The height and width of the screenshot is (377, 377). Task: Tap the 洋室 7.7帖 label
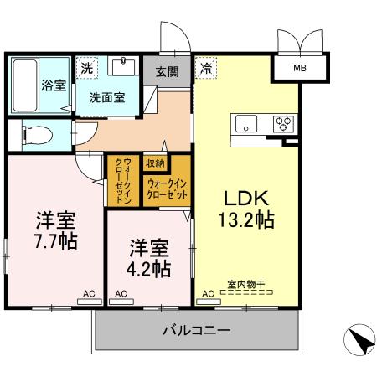coord(56,231)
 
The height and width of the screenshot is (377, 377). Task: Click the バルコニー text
coord(195,331)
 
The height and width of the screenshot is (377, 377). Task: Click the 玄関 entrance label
coord(167,72)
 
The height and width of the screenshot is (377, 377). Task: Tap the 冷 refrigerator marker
coord(205,65)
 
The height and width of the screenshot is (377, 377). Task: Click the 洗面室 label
coord(108,96)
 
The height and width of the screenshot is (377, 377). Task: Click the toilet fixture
coord(34,134)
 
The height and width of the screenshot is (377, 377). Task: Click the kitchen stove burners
coord(283,124)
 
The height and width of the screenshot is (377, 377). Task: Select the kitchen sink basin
coord(246,125)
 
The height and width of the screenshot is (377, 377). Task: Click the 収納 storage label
coord(154,162)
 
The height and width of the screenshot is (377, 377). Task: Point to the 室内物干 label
coord(245,285)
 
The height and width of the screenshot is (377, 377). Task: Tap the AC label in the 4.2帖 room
coord(121,294)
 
